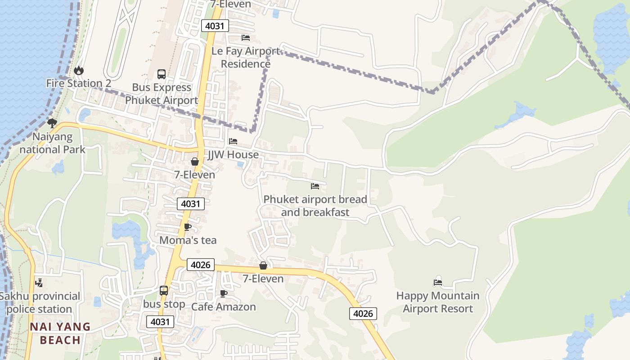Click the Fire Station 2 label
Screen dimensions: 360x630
78,83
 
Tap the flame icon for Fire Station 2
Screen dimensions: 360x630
79,70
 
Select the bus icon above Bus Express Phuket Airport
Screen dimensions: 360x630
161,74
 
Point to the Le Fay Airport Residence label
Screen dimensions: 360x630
246,58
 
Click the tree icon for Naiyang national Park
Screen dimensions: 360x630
52,123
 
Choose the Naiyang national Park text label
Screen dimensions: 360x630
52,143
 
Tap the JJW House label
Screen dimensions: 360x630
233,155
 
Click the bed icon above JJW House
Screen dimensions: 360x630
233,141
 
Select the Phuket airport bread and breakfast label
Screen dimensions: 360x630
315,206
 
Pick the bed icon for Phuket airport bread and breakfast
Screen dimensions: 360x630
315,186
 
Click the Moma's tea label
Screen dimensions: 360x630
188,240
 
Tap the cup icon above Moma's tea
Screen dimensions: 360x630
188,227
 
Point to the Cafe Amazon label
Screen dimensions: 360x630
223,307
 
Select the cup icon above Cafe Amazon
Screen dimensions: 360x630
223,294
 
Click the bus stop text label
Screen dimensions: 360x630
164,305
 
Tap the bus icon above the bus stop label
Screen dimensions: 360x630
164,291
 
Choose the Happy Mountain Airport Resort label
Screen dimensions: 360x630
438,302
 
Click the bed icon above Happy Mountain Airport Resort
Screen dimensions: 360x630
438,283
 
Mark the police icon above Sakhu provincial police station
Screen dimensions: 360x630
40,283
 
